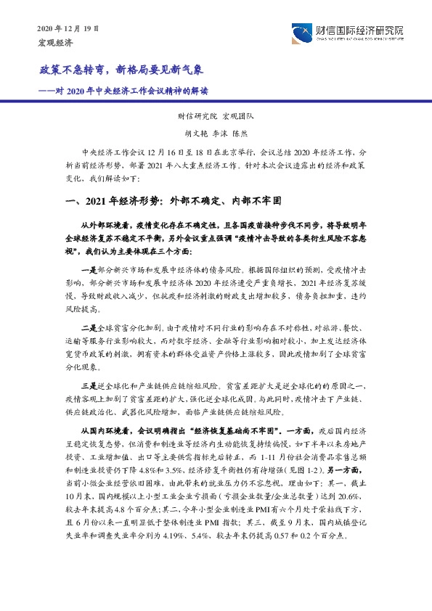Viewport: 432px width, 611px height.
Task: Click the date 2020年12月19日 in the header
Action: click(67, 28)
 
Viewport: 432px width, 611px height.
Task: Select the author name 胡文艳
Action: click(193, 133)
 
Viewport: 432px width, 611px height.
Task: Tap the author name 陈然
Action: click(239, 133)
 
